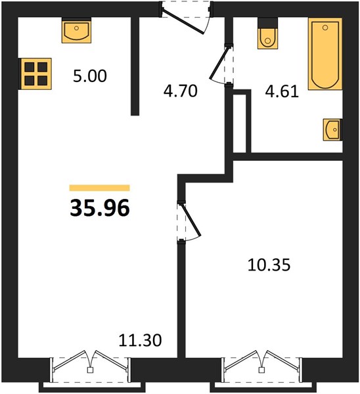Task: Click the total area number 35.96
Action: pos(100,208)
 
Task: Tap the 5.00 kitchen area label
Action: pos(90,76)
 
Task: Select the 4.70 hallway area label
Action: pos(180,91)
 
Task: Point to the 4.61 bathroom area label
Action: pos(282,91)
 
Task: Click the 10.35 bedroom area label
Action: pos(269,265)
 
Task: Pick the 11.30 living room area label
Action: pos(140,340)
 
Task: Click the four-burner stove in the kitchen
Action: pos(36,74)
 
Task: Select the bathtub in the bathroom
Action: pos(325,54)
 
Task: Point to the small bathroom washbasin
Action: pos(332,129)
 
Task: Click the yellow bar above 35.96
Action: pos(100,188)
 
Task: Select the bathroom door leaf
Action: pos(219,62)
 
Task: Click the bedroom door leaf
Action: pos(191,220)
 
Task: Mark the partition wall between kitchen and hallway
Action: pos(135,66)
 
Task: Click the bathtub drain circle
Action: pos(325,28)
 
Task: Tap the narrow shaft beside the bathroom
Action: pos(240,123)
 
